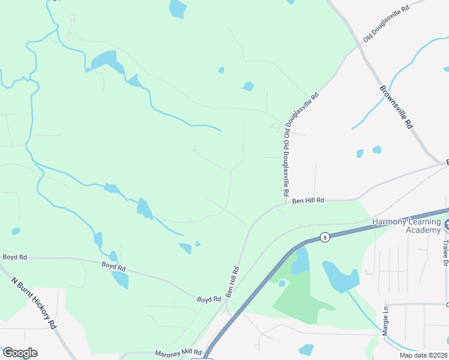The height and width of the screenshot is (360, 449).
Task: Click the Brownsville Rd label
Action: pos(397,107)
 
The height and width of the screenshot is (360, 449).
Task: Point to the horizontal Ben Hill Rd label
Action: pos(308,200)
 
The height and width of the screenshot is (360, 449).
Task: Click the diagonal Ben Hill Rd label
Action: pos(232,282)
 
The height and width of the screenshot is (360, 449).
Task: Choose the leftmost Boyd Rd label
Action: pos(15,257)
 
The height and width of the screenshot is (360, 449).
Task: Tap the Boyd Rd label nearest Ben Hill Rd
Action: pos(209,298)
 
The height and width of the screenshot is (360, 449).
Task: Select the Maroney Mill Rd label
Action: pos(178,353)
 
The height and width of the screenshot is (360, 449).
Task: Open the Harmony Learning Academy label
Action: pos(406,226)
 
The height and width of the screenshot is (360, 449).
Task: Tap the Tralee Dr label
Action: pos(445,255)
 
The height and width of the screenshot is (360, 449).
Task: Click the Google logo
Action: pos(19,353)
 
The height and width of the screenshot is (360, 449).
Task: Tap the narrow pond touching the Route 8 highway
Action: pos(300,260)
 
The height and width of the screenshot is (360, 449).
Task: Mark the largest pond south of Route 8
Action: pos(340,276)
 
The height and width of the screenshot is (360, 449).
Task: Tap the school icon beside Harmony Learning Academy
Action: pos(447,226)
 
